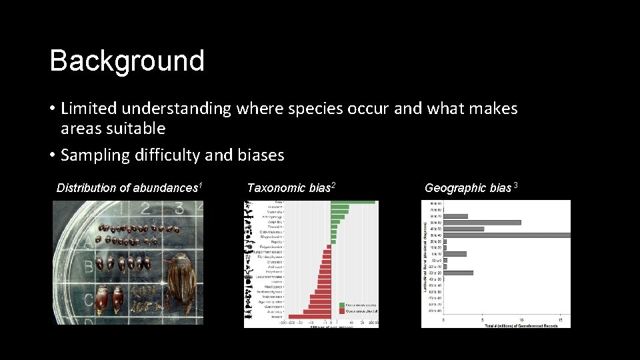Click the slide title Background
(127, 61)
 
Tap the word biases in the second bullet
(260, 155)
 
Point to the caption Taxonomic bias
(290, 188)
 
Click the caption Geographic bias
(471, 188)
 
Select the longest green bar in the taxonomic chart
(353, 203)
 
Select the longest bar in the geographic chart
(507, 235)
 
